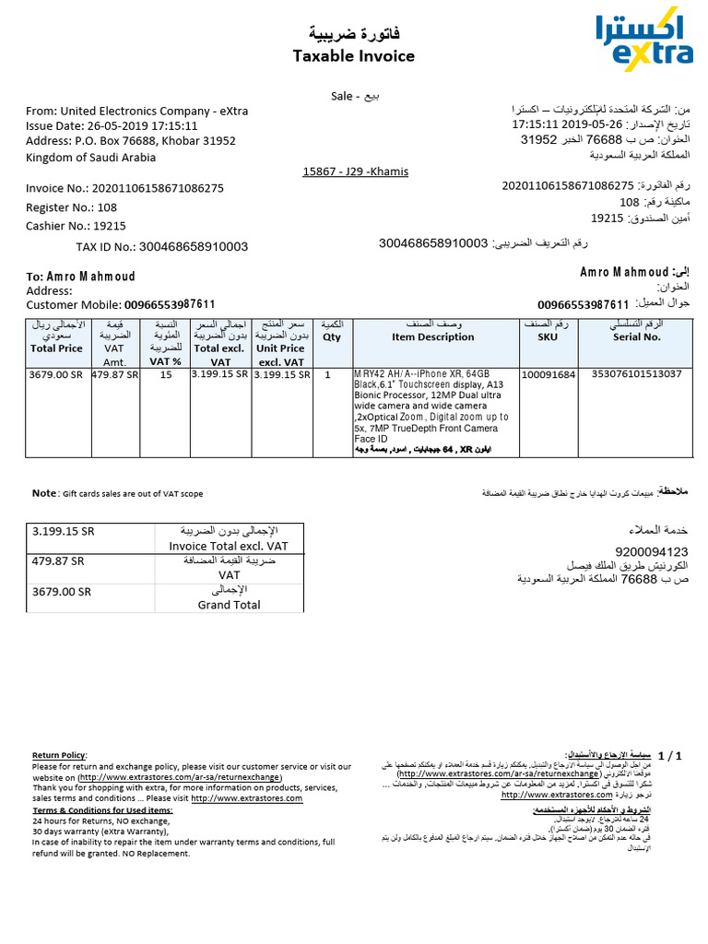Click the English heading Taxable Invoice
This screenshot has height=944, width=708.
click(x=353, y=56)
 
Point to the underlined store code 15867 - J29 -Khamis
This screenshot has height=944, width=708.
click(x=355, y=171)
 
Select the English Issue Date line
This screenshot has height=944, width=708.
click(x=112, y=125)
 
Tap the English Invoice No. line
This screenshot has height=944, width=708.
click(x=124, y=188)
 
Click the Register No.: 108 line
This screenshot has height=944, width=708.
click(x=71, y=207)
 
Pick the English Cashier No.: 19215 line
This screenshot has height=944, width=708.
click(x=76, y=226)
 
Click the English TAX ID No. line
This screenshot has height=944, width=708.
click(x=161, y=247)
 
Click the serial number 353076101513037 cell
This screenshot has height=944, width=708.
click(x=636, y=374)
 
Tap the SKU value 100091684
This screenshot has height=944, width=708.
click(x=549, y=375)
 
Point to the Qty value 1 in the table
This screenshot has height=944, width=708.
click(x=327, y=375)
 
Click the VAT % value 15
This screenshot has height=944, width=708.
click(x=165, y=375)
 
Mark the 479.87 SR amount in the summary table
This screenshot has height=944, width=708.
click(x=58, y=560)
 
